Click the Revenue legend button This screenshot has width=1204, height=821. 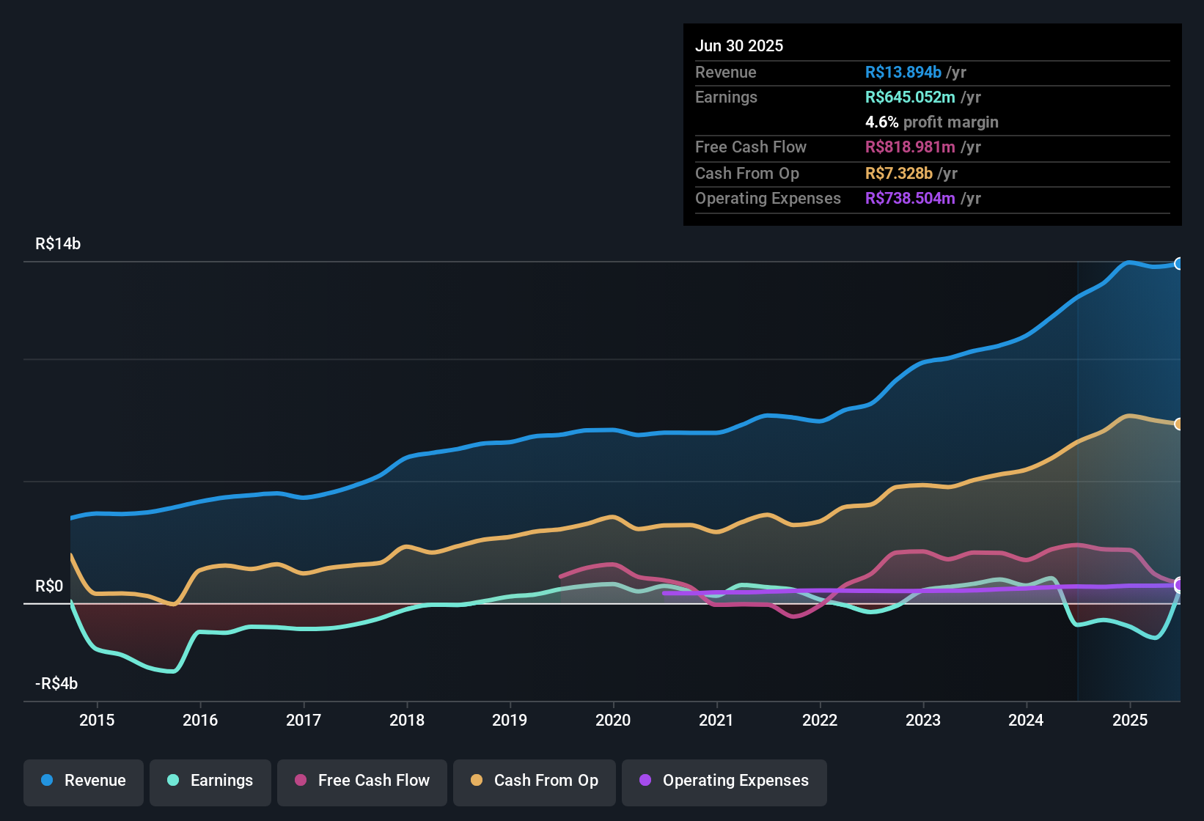coord(84,781)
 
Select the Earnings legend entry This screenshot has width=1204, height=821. coord(210,781)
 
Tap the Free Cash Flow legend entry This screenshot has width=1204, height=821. coord(362,781)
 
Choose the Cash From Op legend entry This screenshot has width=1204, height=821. coord(535,781)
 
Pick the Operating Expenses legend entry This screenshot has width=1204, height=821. coord(724,781)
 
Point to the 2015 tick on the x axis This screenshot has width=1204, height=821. coord(97,720)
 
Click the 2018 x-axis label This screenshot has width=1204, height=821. coord(407,720)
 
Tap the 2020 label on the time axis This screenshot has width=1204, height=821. coord(613,720)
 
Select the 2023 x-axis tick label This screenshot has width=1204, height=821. coord(923,720)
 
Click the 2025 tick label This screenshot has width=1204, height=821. coord(1130,720)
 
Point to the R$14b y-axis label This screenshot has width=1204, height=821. coord(58,244)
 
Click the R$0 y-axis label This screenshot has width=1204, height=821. coord(49,586)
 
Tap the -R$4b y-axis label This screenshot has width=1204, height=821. coord(56,684)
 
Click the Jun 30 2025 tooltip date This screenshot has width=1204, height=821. coord(739,46)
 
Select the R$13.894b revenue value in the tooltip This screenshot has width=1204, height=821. coord(903,73)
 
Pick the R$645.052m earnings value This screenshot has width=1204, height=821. coord(910,97)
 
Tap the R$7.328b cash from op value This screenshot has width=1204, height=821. coord(899,174)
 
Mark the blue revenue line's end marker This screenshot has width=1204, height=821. coord(1179,264)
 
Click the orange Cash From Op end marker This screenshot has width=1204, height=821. coord(1179,424)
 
